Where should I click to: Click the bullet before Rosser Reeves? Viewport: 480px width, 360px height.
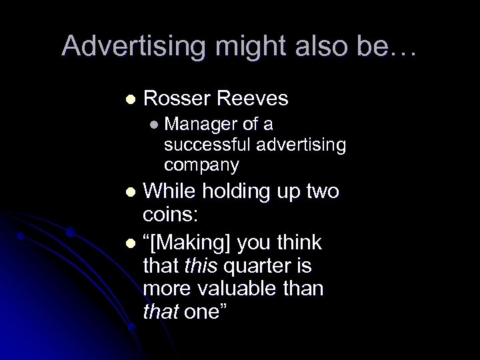tap(130, 99)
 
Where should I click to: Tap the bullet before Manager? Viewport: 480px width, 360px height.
tap(155, 124)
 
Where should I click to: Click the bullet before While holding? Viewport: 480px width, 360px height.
tap(130, 193)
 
